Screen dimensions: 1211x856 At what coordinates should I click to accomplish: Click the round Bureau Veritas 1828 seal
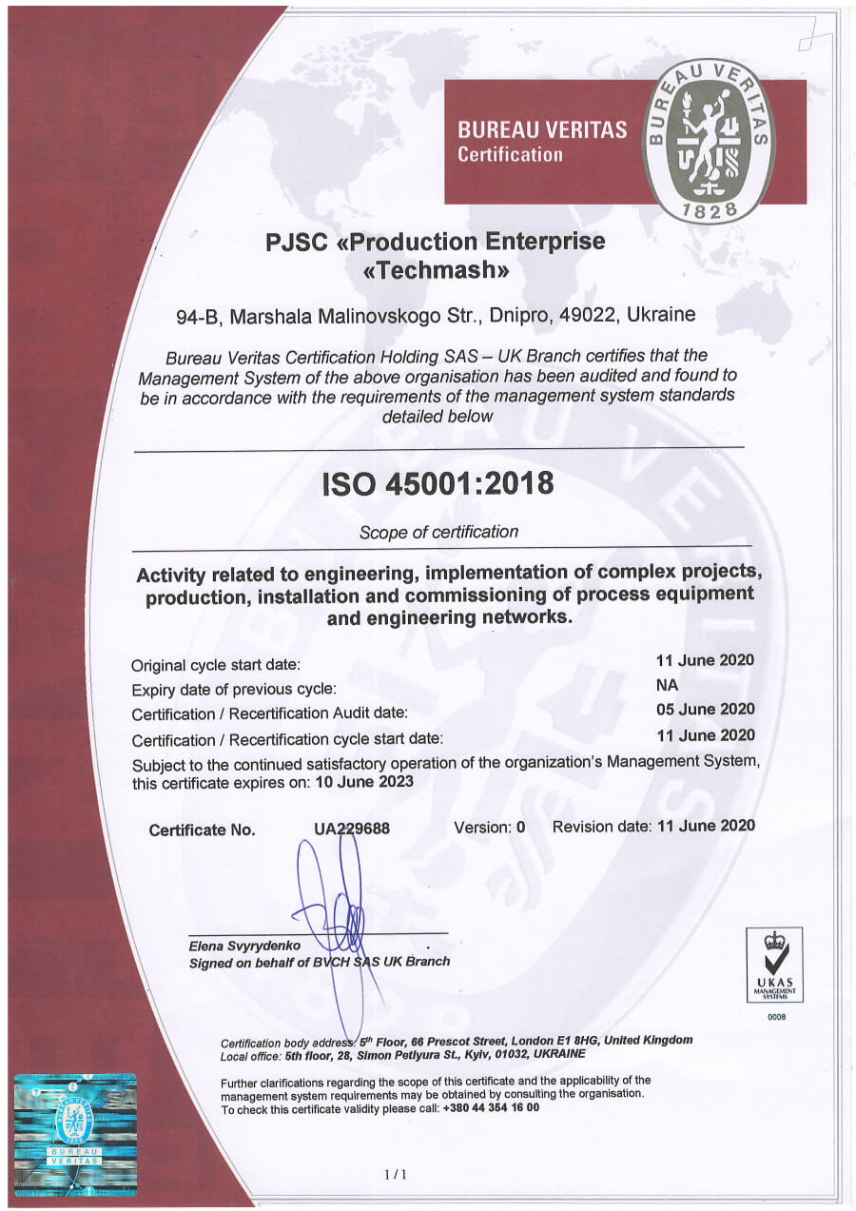point(709,141)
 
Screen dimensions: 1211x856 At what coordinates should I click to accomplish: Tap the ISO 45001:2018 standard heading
point(438,483)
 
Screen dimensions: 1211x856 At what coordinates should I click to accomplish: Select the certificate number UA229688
point(352,830)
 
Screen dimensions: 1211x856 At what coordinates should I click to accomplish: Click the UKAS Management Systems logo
point(773,965)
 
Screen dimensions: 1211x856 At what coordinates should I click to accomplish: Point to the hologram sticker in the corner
point(75,1134)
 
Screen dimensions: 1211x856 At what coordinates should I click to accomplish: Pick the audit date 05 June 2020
point(705,710)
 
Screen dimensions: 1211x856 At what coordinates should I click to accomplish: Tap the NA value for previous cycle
point(668,685)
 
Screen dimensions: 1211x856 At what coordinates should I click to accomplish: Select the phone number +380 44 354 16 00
point(491,1108)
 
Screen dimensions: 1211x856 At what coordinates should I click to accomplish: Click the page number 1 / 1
point(396,1175)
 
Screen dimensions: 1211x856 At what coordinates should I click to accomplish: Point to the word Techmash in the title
point(437,270)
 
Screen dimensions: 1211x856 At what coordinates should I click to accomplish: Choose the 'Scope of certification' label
point(438,532)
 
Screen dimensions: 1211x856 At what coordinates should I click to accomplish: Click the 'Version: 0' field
point(489,827)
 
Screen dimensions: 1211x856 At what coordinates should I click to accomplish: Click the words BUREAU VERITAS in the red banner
point(542,130)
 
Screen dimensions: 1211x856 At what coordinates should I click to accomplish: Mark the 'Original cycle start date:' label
point(216,665)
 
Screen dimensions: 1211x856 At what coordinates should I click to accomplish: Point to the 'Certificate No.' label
point(202,830)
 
